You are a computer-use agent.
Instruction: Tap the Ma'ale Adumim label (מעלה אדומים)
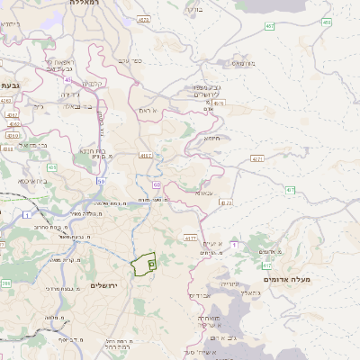coord(286,280)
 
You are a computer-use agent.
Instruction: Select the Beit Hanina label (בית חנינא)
coord(94,151)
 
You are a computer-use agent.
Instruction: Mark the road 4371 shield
coord(257,158)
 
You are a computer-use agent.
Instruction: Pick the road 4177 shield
coord(190,237)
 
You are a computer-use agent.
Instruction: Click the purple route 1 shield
coord(232,244)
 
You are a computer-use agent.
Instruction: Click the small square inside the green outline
coord(152,264)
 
